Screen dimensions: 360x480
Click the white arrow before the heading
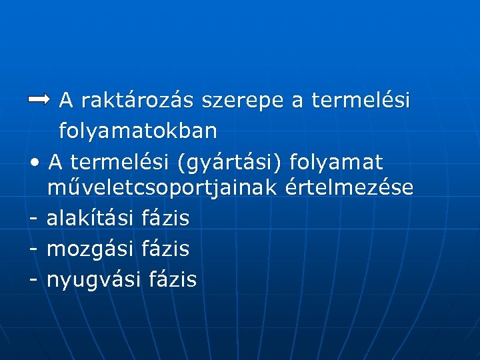[x=39, y=99]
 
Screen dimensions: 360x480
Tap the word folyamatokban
[x=138, y=131]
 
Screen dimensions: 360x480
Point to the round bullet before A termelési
[x=35, y=162]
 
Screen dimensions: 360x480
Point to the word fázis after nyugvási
[x=172, y=279]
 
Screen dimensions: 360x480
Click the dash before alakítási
[x=33, y=218]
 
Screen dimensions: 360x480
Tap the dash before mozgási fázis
[x=33, y=249]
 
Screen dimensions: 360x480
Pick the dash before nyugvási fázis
[x=33, y=279]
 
